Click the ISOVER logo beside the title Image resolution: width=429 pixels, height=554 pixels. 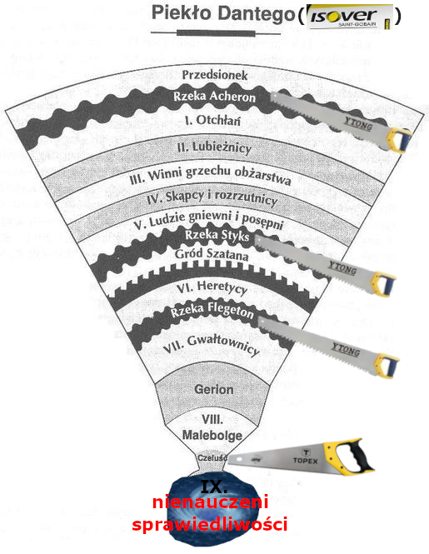[350, 17]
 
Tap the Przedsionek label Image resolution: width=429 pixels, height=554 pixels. [215, 75]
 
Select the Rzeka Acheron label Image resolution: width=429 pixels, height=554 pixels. [214, 96]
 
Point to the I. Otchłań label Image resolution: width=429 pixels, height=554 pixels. [212, 120]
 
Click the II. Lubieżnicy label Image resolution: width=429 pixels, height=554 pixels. [214, 147]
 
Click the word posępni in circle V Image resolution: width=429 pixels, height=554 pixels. [262, 221]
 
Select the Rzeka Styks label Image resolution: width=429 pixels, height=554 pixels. [217, 235]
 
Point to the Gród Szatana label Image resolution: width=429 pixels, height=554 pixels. [212, 254]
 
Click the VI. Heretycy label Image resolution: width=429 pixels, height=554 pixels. [212, 287]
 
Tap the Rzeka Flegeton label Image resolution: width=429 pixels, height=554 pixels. [212, 310]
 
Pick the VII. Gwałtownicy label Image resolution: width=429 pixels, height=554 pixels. [212, 345]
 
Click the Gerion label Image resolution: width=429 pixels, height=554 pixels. [214, 389]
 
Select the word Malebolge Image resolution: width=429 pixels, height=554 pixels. [212, 435]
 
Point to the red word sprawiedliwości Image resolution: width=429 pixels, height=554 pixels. [210, 524]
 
